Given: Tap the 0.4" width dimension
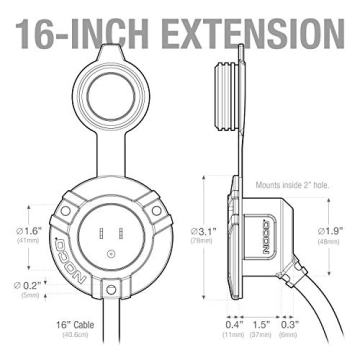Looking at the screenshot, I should point(234,326).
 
